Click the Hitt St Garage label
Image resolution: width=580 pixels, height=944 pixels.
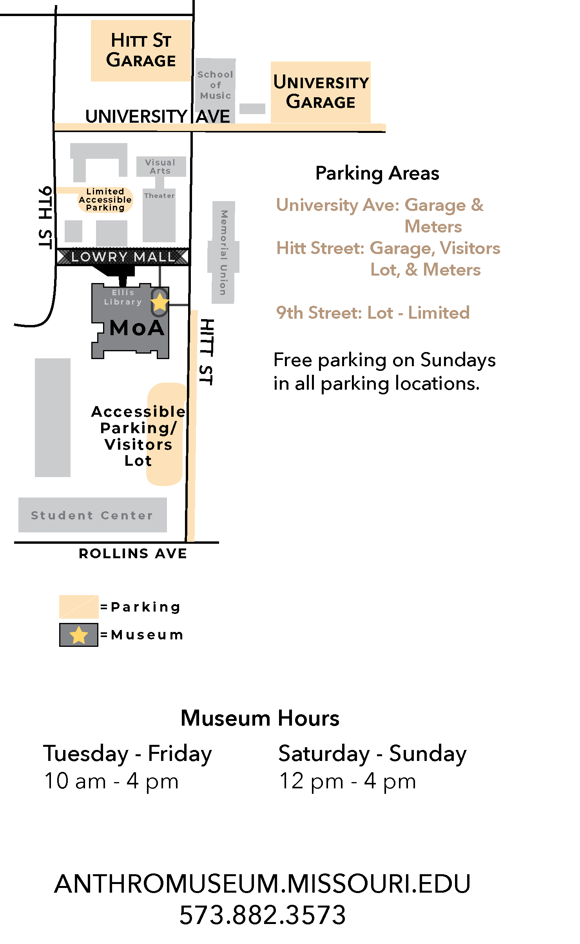(x=141, y=51)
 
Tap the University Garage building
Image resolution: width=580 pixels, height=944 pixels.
(x=321, y=92)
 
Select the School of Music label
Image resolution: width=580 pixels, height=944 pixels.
(x=215, y=85)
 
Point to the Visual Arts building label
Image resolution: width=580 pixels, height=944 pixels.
(x=160, y=167)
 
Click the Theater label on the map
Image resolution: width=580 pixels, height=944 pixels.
(x=159, y=196)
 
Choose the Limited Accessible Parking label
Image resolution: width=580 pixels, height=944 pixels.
(x=105, y=200)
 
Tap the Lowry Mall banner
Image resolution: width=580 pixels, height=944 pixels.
(x=123, y=257)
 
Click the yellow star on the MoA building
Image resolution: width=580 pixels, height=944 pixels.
(x=159, y=302)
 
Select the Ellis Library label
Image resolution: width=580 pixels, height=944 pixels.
(x=123, y=297)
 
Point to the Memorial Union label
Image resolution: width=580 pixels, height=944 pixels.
(x=223, y=252)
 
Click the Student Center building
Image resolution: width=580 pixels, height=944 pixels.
(x=92, y=515)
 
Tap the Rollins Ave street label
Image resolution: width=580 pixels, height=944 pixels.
(x=133, y=554)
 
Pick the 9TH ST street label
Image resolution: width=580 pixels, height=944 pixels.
(x=45, y=218)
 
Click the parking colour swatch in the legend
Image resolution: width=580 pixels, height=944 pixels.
(x=78, y=606)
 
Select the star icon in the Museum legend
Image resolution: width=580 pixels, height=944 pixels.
(x=79, y=635)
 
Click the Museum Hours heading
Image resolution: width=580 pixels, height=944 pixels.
(x=260, y=718)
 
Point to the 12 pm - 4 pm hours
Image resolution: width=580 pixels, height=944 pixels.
(x=347, y=781)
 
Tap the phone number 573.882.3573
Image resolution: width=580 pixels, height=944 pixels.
(x=262, y=915)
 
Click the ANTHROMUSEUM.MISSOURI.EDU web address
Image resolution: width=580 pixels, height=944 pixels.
(x=262, y=884)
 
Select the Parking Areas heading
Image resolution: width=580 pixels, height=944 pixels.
(x=377, y=173)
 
